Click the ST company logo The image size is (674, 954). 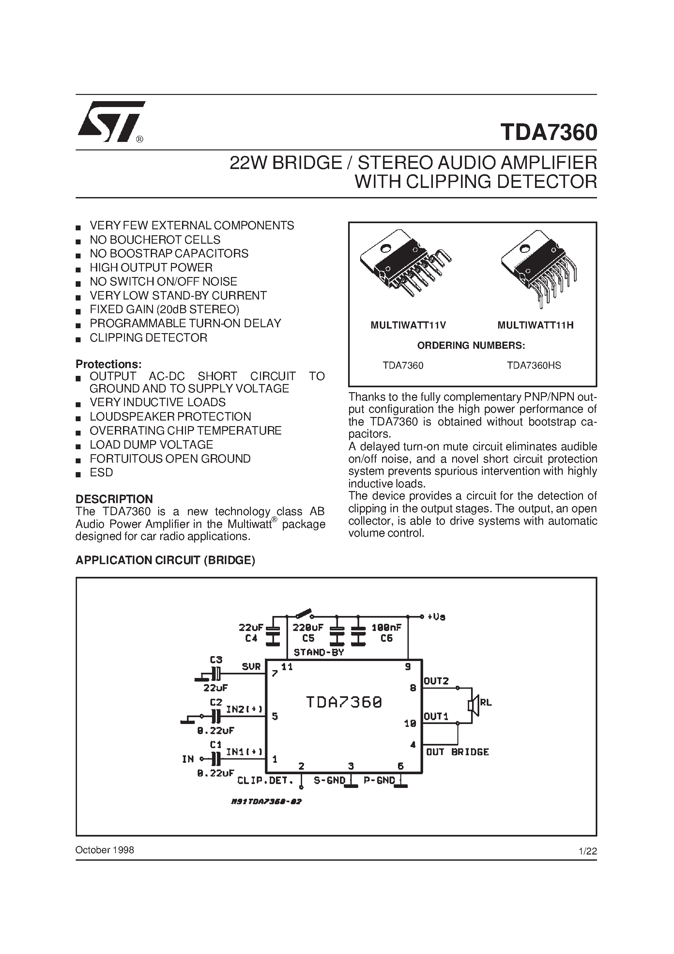[111, 122]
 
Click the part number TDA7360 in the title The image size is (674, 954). [548, 132]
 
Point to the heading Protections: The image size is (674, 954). [108, 364]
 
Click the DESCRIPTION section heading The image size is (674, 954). [114, 499]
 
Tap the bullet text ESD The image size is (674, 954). [101, 472]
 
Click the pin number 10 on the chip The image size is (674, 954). [410, 723]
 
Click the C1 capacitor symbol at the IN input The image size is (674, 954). [215, 759]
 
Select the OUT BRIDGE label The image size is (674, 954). [457, 752]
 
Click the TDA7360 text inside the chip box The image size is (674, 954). [344, 702]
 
